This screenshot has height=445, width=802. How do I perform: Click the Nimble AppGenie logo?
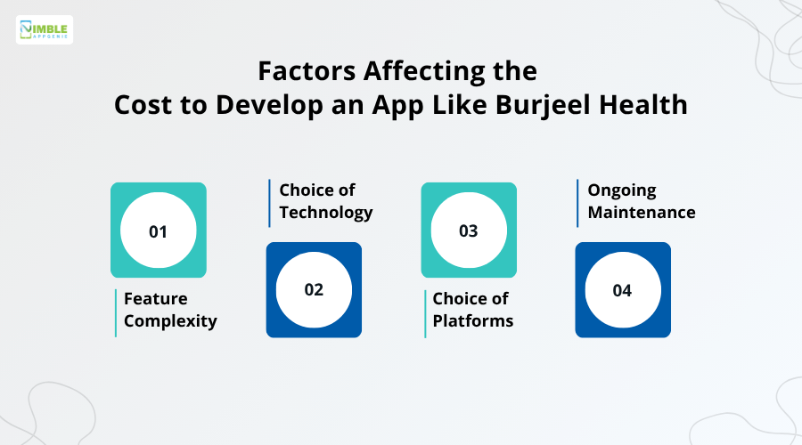[x=45, y=29]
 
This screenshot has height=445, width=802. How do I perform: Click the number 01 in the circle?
[x=158, y=231]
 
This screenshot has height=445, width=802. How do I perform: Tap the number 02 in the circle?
[x=314, y=289]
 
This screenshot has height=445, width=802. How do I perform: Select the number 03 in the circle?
[x=469, y=231]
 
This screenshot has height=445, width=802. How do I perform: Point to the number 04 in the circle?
[x=622, y=290]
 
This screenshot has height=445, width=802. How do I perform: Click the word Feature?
[x=155, y=298]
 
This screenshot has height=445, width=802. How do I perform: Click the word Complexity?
[x=170, y=321]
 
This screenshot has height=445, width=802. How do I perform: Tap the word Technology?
[x=325, y=213]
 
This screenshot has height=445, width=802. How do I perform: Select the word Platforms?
[x=473, y=321]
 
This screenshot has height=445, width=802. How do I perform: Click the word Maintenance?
[x=641, y=213]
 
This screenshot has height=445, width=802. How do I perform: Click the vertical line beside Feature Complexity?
[x=116, y=312]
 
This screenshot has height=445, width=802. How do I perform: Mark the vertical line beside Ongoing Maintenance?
[x=577, y=203]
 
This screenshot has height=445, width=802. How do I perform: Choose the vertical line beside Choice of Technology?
[x=269, y=203]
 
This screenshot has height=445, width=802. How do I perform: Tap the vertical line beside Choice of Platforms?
[x=425, y=312]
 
